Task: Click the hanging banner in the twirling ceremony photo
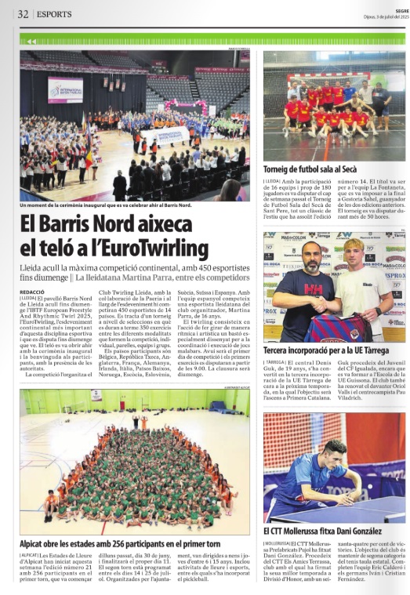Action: (x=65, y=89)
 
